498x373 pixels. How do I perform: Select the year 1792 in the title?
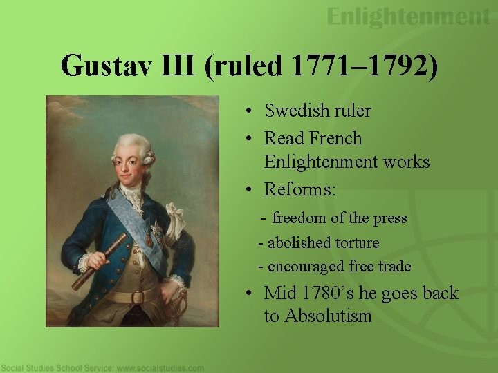click(x=393, y=66)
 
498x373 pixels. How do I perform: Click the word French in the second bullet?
click(x=335, y=138)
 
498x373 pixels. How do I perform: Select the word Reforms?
click(x=299, y=189)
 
